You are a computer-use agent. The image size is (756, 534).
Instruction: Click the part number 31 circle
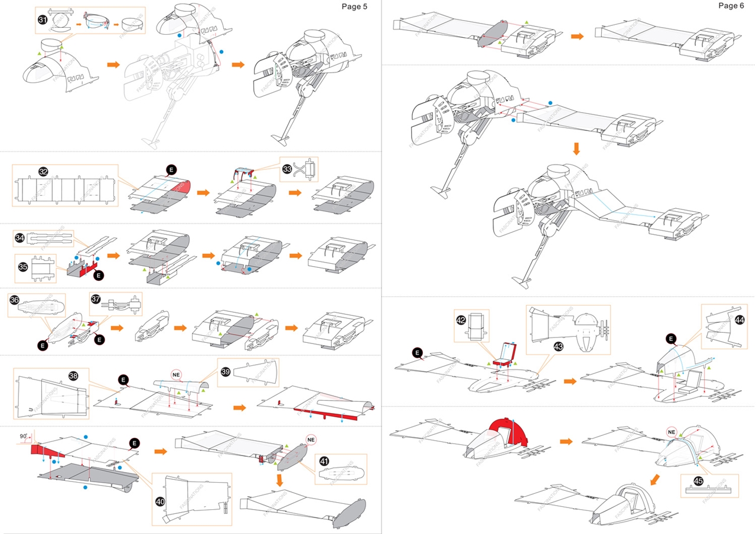tap(43, 19)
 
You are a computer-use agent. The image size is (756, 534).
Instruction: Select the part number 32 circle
tap(43, 172)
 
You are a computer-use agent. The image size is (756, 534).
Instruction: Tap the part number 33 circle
tap(288, 168)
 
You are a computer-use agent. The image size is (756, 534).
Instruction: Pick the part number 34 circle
tap(20, 238)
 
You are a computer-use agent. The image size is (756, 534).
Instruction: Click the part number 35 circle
tap(23, 267)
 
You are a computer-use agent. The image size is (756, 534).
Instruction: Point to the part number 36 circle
tap(15, 300)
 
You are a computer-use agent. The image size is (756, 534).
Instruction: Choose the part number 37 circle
tap(96, 299)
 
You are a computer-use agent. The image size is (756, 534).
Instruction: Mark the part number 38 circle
tap(73, 375)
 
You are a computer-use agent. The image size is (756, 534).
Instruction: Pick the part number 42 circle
tap(461, 320)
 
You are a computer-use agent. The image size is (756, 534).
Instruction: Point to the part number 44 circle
tap(739, 319)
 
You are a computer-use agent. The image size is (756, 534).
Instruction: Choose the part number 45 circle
tap(698, 481)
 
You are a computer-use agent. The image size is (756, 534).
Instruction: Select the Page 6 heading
tap(731, 5)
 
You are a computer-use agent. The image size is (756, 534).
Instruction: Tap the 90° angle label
tap(24, 437)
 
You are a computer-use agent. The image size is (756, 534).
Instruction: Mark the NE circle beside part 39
tap(176, 375)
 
